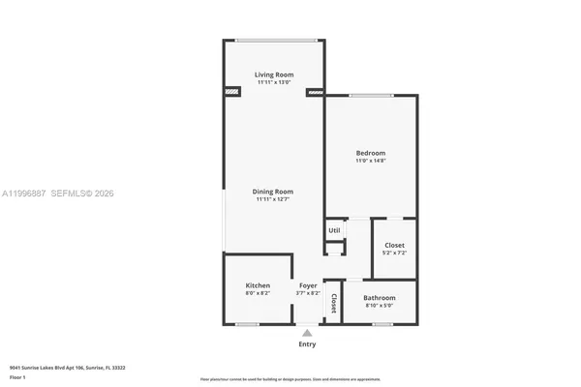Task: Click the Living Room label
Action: (274, 74)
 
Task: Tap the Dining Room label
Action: (274, 192)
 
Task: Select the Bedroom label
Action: (370, 153)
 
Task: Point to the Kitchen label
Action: (258, 285)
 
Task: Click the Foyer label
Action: (308, 285)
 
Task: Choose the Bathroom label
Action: (379, 298)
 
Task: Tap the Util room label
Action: (334, 230)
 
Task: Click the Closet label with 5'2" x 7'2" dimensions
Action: (394, 246)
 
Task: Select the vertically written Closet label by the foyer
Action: (334, 304)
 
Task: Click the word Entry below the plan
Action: (307, 344)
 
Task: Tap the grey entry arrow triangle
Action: (307, 333)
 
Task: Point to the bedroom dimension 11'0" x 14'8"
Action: (370, 161)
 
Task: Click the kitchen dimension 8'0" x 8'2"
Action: (258, 293)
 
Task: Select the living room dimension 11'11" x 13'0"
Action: (274, 82)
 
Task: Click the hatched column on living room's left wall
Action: (231, 93)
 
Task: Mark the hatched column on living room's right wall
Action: (314, 93)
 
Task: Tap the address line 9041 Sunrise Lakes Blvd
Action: (67, 368)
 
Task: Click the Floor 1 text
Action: (17, 378)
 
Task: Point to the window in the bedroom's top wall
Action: (371, 95)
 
